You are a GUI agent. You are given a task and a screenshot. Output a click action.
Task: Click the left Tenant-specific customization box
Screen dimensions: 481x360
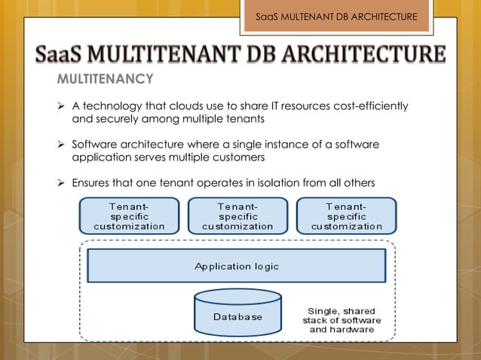point(129,215)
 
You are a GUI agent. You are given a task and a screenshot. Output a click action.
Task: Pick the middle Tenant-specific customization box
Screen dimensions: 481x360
point(237,215)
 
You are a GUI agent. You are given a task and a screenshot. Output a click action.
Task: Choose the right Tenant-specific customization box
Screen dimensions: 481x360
point(346,215)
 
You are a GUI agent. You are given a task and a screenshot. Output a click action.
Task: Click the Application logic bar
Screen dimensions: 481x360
point(237,266)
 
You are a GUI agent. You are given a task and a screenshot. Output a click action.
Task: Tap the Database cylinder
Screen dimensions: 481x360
point(237,314)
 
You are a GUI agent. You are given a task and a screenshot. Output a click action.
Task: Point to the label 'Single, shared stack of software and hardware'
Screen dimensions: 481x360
point(342,320)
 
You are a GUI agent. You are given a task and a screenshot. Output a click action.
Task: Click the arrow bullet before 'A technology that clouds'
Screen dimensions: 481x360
point(62,106)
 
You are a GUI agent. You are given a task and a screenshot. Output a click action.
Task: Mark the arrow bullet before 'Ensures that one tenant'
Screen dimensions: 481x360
point(62,183)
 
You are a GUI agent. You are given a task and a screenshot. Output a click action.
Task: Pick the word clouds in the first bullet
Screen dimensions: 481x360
point(186,106)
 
